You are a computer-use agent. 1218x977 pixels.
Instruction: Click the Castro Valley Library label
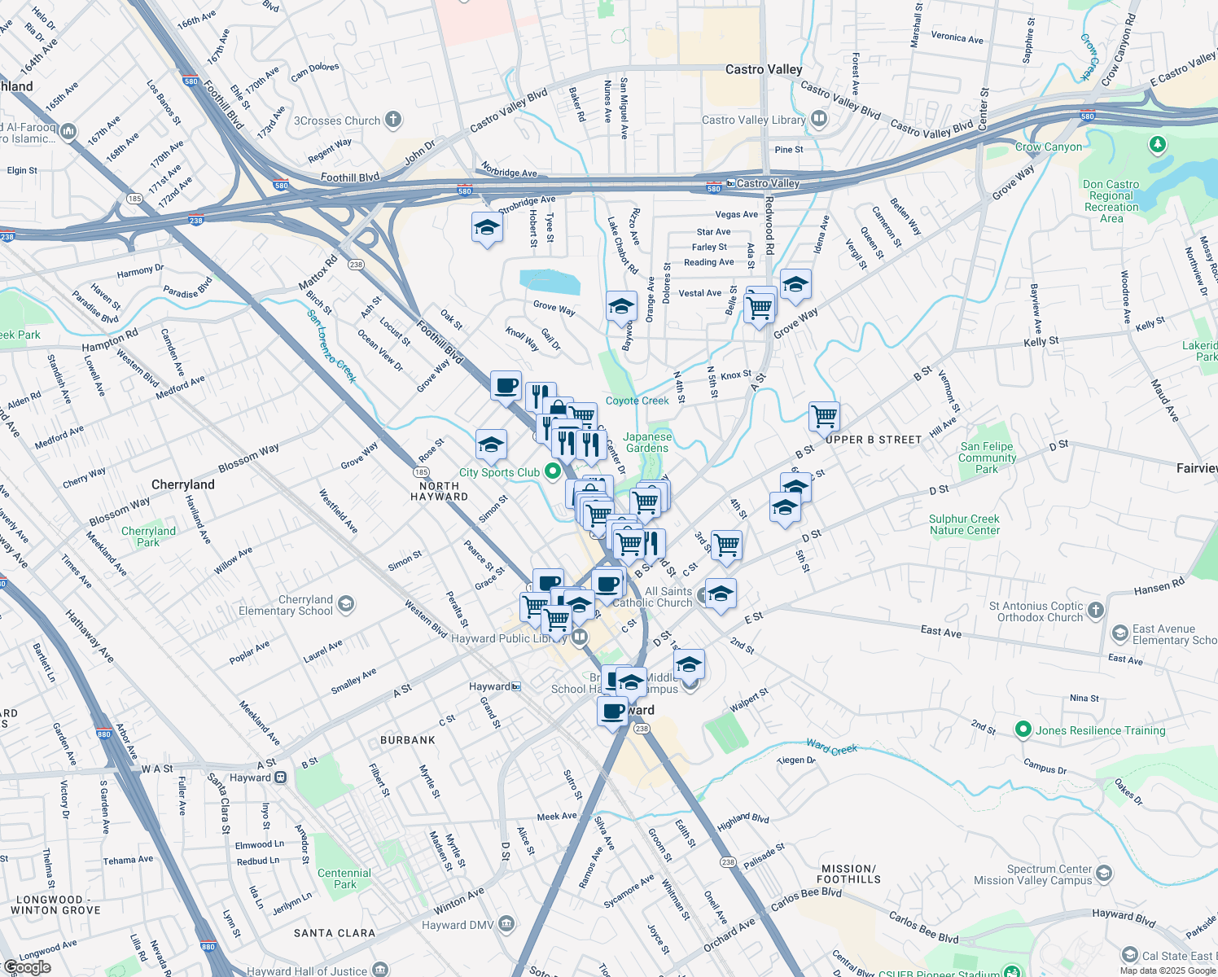pos(753,120)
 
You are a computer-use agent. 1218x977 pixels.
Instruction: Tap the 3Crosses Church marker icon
pos(393,120)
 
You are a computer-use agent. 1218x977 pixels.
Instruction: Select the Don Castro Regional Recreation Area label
pos(1111,201)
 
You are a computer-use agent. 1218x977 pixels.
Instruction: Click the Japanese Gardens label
pos(647,442)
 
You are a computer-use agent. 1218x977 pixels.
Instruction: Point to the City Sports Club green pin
pos(553,471)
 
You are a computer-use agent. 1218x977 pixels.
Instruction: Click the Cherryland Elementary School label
pos(285,605)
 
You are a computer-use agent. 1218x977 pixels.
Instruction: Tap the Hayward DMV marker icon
pos(506,923)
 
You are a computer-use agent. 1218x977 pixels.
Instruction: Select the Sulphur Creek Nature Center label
pos(964,524)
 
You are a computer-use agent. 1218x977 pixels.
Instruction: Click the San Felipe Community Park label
pos(987,458)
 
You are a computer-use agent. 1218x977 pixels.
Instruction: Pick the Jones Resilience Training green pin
pos(1023,729)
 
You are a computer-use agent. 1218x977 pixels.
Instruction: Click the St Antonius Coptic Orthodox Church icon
pos(1096,610)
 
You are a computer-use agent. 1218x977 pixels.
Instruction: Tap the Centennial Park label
pos(344,878)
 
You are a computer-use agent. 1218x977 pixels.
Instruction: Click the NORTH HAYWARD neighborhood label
pos(439,491)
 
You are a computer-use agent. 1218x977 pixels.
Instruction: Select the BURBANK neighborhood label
pos(408,740)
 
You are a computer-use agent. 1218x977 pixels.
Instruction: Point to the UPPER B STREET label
pos(874,440)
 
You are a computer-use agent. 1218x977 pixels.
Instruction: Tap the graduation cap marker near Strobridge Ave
pos(487,227)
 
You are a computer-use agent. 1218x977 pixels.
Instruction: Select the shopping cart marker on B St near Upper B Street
pos(824,416)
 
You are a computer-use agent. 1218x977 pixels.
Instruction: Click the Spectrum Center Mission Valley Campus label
pos(1032,874)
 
